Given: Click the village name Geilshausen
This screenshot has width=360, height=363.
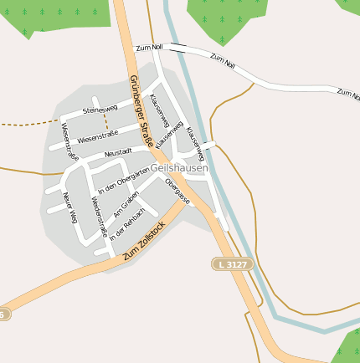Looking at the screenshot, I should (x=180, y=167).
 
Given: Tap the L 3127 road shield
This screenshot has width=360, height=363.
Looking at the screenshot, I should (x=232, y=264).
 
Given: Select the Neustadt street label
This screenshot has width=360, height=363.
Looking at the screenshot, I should (x=118, y=153).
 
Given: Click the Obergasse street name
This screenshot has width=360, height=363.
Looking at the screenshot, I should (x=177, y=192).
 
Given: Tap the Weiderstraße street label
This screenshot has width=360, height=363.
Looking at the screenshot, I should (x=98, y=217).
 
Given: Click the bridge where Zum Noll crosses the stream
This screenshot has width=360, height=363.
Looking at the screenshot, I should (x=177, y=49).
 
